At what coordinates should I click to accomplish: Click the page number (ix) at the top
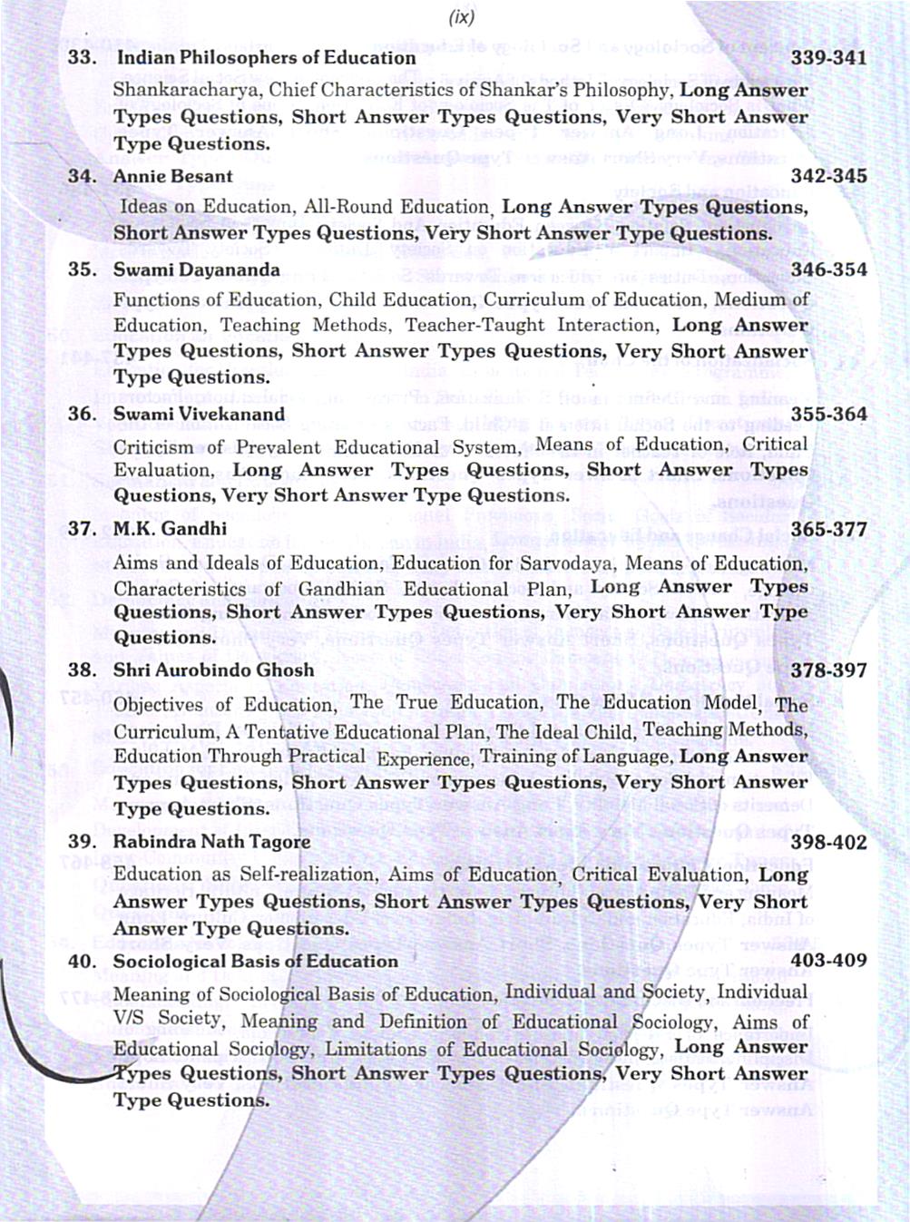(x=461, y=16)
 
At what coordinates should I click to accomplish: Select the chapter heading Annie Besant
(x=172, y=176)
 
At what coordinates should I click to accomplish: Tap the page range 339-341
(x=828, y=58)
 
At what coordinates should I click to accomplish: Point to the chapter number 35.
(x=83, y=269)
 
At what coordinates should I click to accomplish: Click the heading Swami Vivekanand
(x=199, y=414)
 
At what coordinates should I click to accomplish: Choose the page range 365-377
(x=828, y=529)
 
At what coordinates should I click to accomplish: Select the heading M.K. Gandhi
(x=170, y=528)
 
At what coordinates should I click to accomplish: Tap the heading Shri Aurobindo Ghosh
(x=213, y=670)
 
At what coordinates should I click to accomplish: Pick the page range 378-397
(x=828, y=670)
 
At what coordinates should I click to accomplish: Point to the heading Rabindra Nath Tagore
(x=211, y=841)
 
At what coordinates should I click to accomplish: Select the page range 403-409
(x=828, y=960)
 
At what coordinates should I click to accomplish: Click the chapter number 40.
(x=83, y=961)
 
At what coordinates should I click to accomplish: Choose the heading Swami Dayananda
(x=196, y=269)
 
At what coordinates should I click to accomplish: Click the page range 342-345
(x=828, y=176)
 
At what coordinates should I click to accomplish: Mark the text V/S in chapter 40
(x=128, y=1019)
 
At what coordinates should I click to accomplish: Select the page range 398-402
(x=828, y=842)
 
